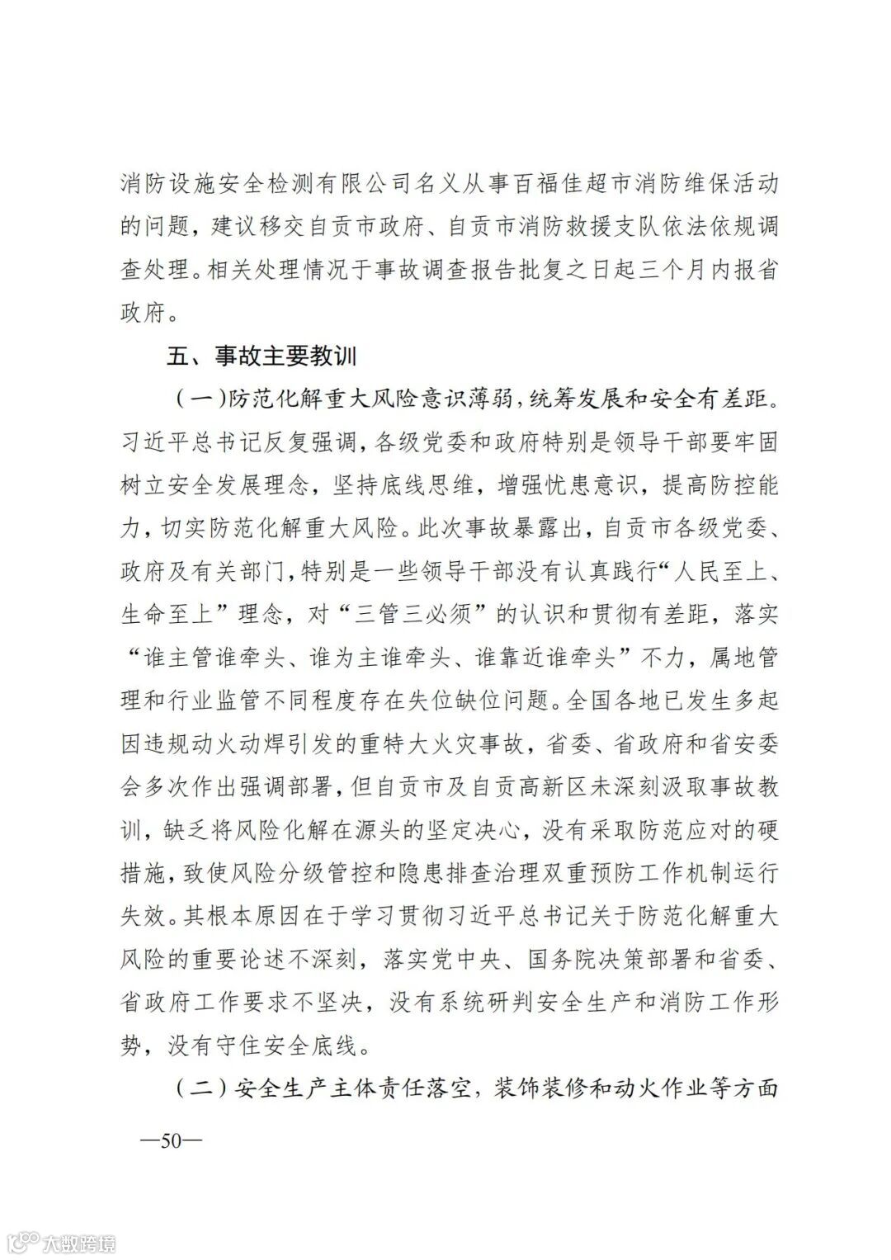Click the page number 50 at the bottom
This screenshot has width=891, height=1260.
coord(171,1141)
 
